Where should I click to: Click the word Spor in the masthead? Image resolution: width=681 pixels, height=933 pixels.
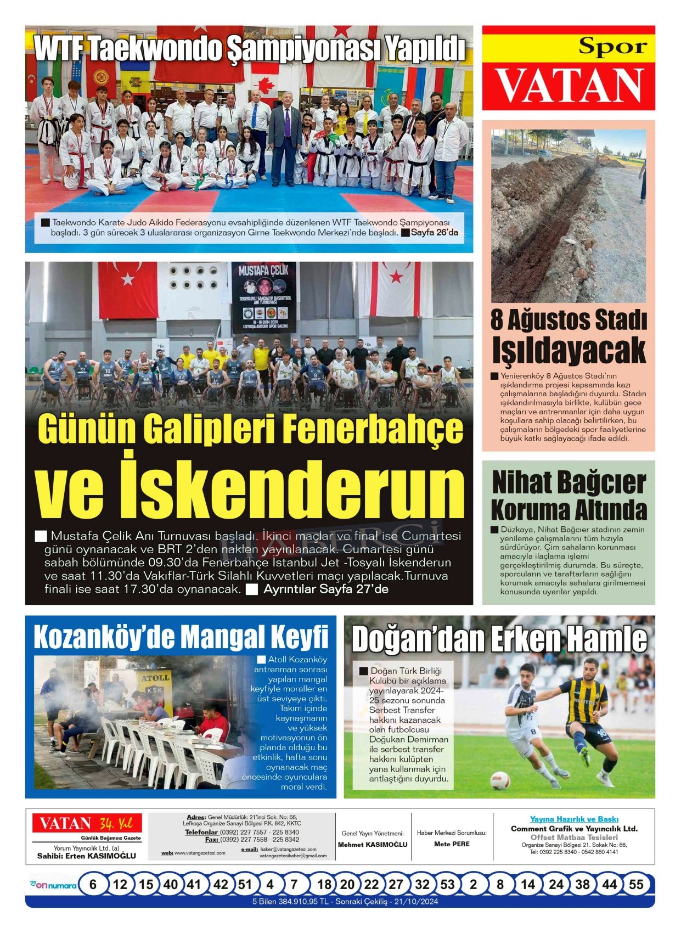613,47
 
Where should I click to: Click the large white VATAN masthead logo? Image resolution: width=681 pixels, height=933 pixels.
569,86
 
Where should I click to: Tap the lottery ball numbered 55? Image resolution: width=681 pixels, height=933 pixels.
635,885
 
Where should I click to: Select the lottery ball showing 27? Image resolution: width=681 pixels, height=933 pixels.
396,885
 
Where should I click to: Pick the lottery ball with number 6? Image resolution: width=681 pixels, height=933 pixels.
93,885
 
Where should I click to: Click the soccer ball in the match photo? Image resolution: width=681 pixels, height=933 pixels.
499,780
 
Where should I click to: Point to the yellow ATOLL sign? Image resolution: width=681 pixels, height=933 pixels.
155,678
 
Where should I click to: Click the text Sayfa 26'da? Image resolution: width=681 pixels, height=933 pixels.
433,233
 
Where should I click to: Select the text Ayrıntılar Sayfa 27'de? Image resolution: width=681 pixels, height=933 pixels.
325,589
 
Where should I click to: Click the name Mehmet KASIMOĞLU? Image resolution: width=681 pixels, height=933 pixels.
373,845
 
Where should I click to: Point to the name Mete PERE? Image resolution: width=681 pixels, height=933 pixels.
452,844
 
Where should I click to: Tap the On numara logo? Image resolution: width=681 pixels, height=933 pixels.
53,885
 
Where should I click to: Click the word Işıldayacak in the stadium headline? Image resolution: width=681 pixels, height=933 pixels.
569,350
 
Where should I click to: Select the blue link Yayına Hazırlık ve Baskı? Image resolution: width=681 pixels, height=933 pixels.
574,819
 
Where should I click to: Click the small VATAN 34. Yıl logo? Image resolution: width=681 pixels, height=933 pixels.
87,823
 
